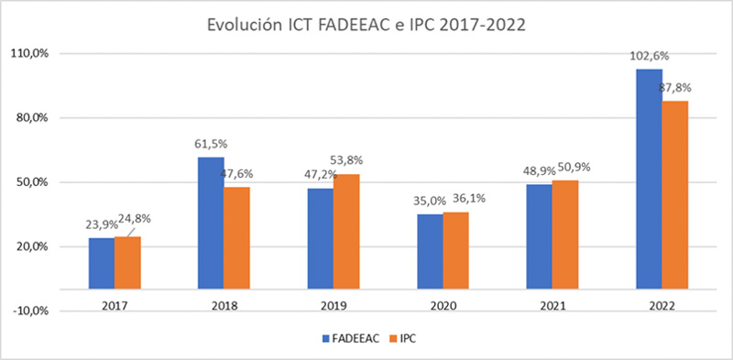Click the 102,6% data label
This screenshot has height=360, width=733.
coord(649,56)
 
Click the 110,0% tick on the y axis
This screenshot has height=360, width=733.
coord(32,53)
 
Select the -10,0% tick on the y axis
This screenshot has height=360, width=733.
coord(32,311)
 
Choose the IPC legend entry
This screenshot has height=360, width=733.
coord(408,338)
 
